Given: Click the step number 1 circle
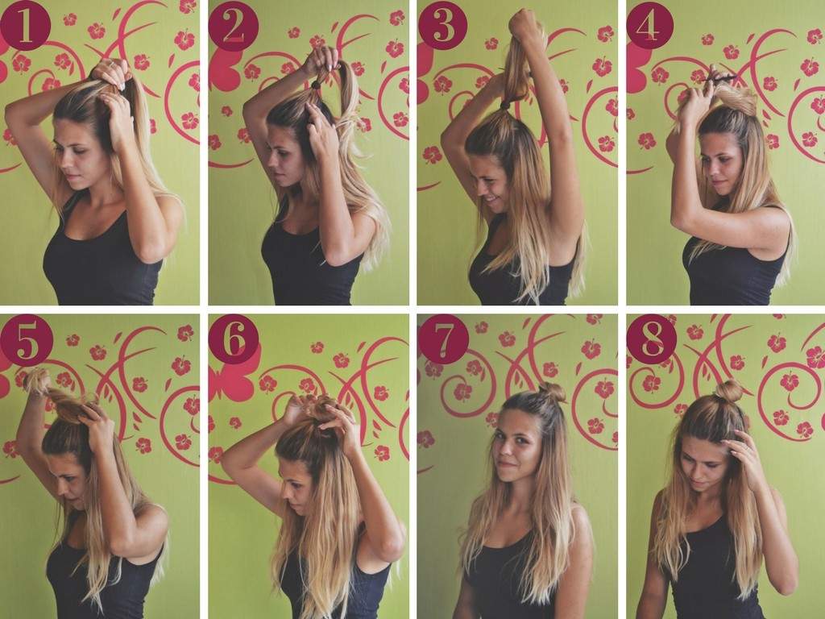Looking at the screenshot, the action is click(x=25, y=25).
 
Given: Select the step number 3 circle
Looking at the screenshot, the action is click(x=443, y=25).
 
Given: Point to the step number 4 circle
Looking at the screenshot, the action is click(x=650, y=25).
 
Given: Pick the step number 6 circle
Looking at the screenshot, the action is click(x=234, y=339).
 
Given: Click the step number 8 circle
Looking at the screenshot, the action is click(x=651, y=339).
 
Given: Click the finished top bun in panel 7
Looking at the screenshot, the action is click(x=552, y=393).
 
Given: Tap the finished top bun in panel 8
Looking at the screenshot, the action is click(x=728, y=391).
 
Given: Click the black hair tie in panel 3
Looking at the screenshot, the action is click(x=504, y=106).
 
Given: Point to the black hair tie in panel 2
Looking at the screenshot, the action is click(x=316, y=84).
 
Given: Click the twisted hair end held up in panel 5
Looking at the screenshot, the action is click(x=35, y=380).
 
